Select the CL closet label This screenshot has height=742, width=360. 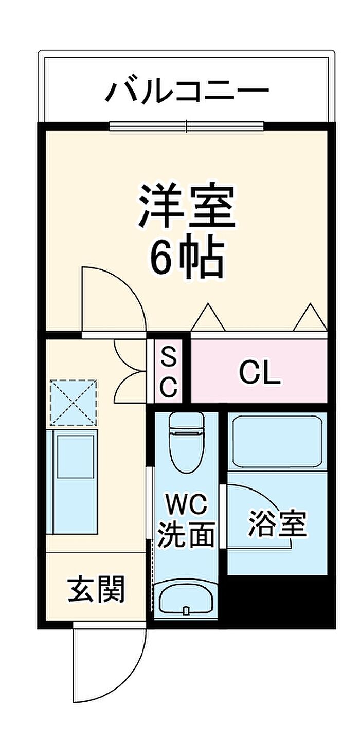(260, 373)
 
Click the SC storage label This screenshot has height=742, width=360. (169, 373)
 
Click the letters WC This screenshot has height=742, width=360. (187, 504)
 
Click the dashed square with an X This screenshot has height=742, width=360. (73, 403)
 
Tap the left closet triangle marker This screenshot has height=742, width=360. (208, 317)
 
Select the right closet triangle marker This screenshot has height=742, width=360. (310, 317)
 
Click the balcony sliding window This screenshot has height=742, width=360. (187, 126)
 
